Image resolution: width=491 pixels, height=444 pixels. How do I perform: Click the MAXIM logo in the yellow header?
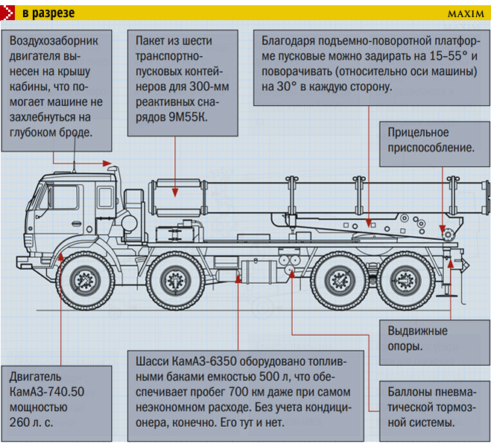(x=466, y=13)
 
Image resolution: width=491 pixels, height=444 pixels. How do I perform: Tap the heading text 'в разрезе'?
(x=48, y=13)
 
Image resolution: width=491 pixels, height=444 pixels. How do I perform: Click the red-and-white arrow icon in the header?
(x=7, y=13)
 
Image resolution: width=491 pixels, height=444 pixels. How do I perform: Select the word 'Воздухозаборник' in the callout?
(x=54, y=41)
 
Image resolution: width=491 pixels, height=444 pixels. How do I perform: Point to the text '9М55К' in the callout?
(x=188, y=117)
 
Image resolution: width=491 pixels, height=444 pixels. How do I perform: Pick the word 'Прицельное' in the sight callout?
(x=418, y=133)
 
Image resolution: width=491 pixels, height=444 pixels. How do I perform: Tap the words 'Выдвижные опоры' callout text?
(x=417, y=339)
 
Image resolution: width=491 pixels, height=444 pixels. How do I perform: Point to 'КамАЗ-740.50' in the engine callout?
(x=47, y=392)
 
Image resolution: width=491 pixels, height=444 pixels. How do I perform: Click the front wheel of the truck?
(x=85, y=280)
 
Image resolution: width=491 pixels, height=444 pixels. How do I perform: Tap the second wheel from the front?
(x=175, y=280)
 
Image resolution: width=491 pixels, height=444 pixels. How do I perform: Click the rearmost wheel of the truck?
(x=406, y=280)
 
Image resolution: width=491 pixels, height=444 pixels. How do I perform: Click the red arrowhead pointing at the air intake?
(x=107, y=163)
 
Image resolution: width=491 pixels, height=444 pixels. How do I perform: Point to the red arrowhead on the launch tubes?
(x=175, y=192)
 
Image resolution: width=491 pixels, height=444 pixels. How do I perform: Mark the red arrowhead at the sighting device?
(x=443, y=228)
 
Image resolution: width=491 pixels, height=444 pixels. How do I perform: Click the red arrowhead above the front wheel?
(x=61, y=257)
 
